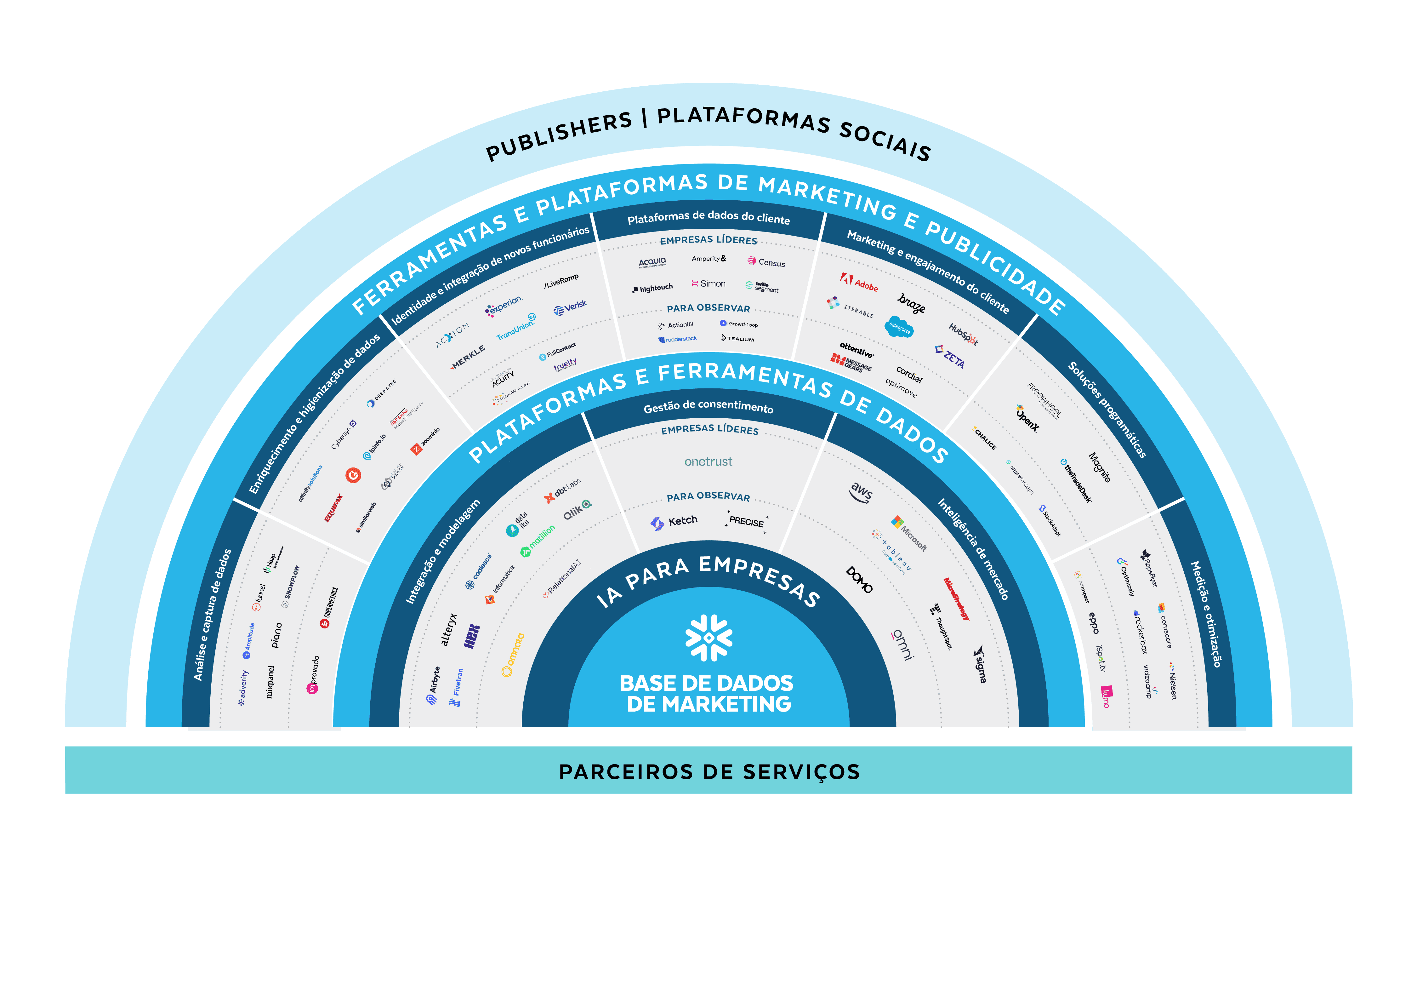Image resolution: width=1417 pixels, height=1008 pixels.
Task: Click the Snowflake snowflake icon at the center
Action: pyautogui.click(x=708, y=638)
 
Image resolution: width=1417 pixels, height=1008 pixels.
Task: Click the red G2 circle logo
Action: pyautogui.click(x=353, y=475)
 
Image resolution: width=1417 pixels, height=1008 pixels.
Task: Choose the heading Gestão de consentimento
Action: pyautogui.click(x=708, y=407)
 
